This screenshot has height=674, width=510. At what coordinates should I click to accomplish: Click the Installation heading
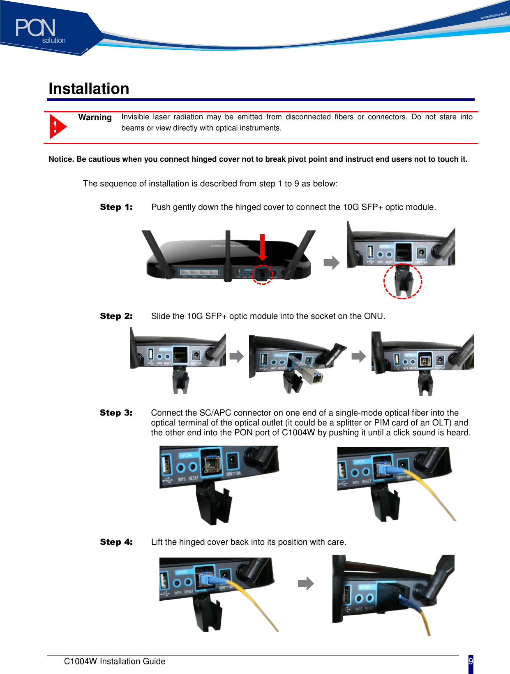tap(89, 88)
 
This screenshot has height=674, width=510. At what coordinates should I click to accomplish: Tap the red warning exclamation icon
tap(57, 126)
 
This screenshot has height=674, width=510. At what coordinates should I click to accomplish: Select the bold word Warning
tap(95, 117)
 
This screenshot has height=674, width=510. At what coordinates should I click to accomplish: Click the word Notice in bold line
tap(61, 159)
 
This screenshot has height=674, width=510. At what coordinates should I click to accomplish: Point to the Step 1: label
tap(116, 207)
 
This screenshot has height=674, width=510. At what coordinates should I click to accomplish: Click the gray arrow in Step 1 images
tap(331, 263)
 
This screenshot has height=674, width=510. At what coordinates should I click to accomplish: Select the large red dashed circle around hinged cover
tap(403, 281)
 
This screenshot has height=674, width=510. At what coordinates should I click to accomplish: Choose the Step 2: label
tap(116, 316)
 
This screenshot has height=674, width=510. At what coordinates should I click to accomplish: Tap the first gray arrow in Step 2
tap(236, 356)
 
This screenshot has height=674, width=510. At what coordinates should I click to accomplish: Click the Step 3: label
tap(116, 413)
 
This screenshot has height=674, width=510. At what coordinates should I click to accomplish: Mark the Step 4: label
tap(116, 542)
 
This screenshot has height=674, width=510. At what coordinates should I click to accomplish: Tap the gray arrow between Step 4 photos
tap(305, 583)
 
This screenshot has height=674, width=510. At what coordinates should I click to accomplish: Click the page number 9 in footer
tap(471, 662)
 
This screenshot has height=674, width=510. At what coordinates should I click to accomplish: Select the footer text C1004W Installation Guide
tap(115, 661)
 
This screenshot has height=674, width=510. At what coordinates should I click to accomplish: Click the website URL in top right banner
tap(494, 16)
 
